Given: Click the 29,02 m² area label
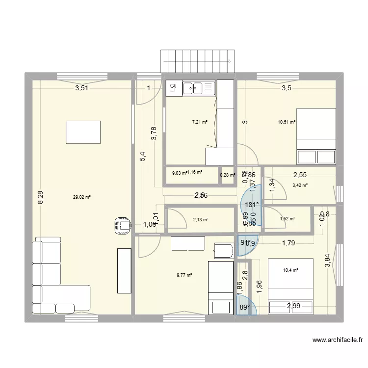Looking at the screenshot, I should [82, 197].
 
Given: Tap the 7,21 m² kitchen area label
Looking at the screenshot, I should [199, 122].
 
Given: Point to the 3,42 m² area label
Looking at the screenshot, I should [300, 185].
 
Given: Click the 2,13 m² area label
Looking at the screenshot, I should [201, 219].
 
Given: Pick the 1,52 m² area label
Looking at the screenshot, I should [287, 219].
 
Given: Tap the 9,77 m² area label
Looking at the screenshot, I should [184, 275].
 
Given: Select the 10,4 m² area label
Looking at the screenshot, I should [291, 269].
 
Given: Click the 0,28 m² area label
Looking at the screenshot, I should [227, 175].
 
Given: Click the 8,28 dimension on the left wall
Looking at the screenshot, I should [41, 197].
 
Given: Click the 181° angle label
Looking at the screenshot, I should [251, 205].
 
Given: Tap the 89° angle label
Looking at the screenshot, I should [245, 308].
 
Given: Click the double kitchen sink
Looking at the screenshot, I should [199, 88].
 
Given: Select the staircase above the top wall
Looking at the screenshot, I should [197, 61].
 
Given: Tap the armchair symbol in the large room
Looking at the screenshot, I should [122, 226].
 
